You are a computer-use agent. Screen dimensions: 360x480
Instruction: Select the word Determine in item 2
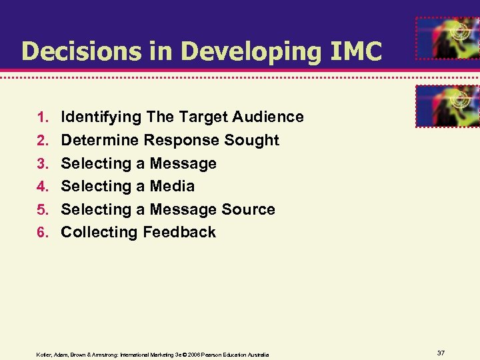pos(100,141)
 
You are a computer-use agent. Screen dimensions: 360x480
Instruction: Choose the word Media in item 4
pos(172,186)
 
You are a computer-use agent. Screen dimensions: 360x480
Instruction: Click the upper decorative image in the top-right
pos(446,39)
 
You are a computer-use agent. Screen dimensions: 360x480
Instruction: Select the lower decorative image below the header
pos(446,105)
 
